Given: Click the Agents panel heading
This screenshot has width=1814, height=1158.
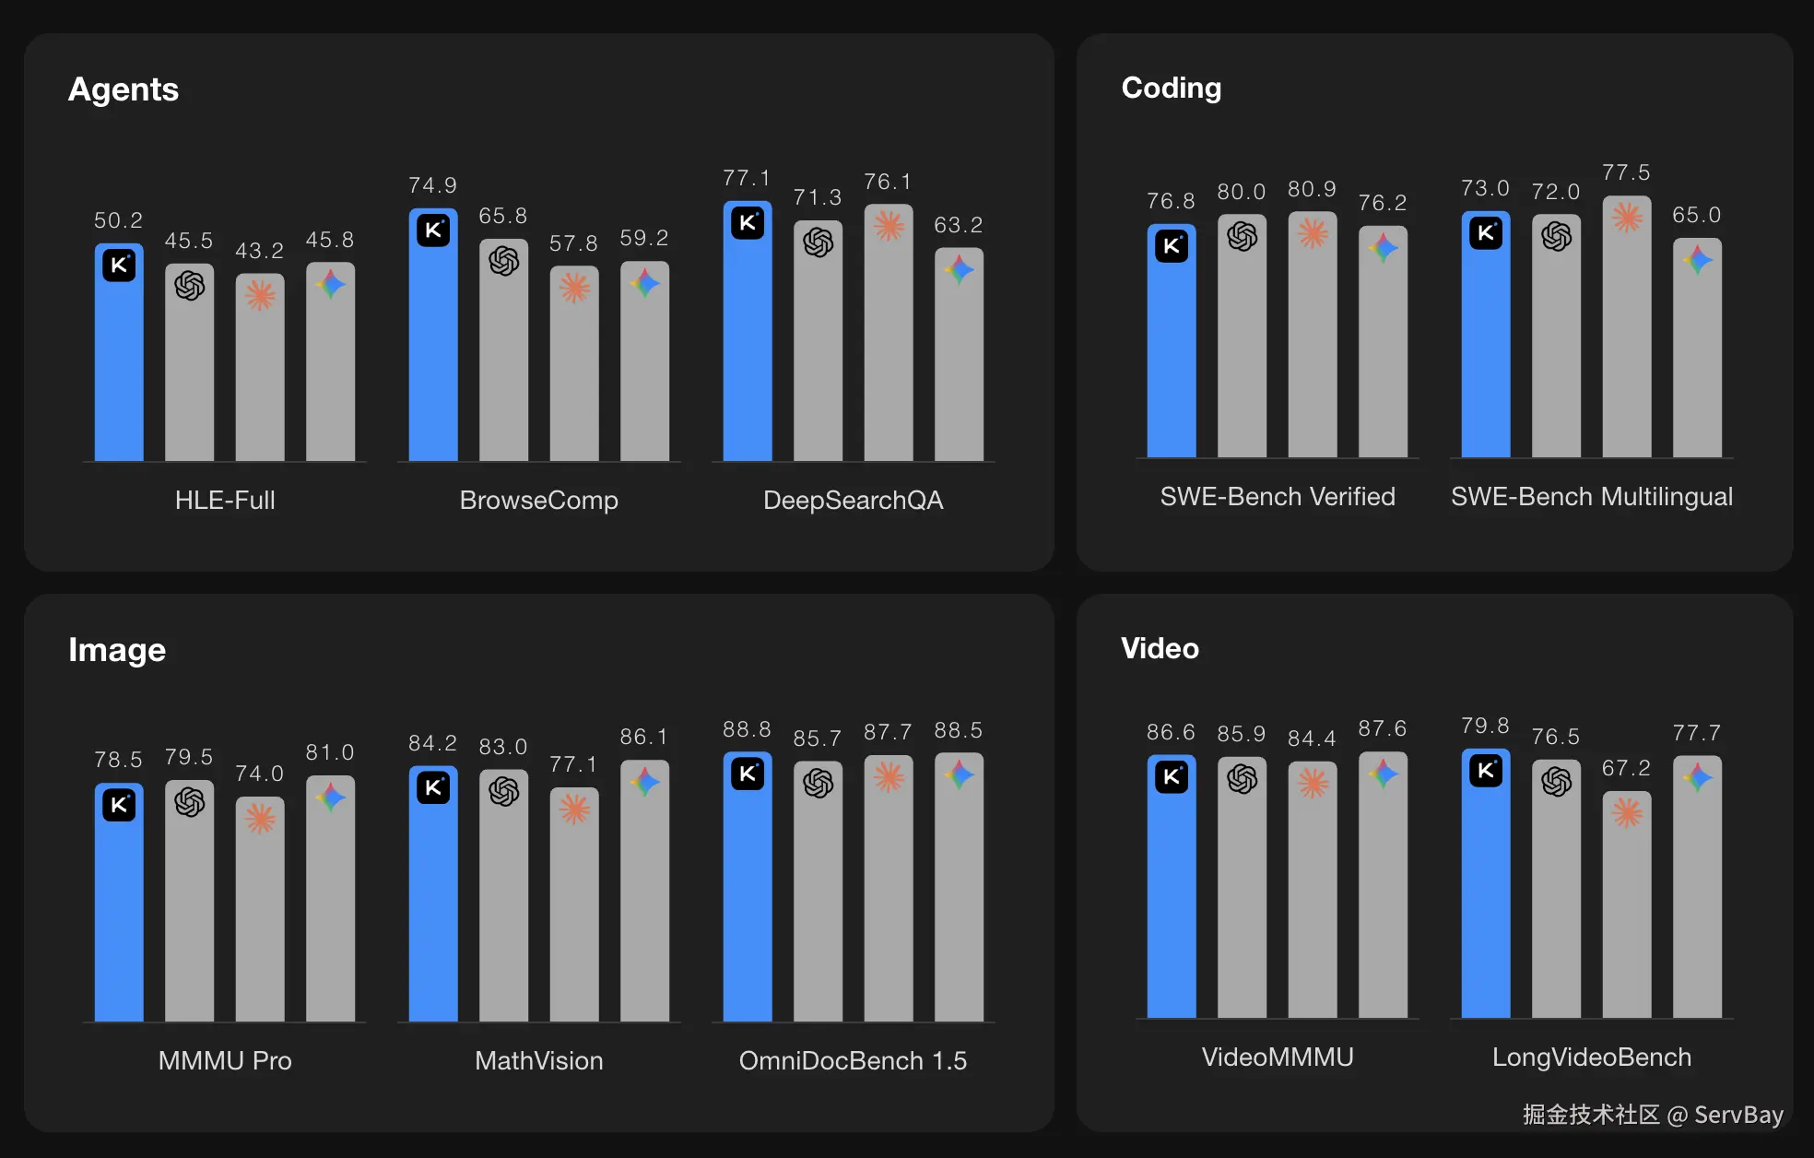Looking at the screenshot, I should [124, 89].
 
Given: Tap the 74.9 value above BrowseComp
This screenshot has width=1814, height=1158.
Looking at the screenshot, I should [432, 185].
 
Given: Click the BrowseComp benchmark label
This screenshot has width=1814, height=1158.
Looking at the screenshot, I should [538, 500].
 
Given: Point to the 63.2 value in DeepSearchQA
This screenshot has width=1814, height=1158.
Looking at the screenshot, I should [958, 225].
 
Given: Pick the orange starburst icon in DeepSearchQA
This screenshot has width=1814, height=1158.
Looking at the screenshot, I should [889, 226].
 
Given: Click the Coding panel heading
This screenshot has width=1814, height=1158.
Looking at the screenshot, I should [1171, 88].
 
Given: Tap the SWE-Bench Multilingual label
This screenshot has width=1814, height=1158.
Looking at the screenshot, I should [1591, 496].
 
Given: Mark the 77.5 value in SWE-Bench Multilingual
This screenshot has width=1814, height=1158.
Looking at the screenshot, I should [1626, 172].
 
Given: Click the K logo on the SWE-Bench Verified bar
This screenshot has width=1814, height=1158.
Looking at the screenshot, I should [1172, 246].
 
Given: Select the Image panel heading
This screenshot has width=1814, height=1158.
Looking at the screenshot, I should [117, 650].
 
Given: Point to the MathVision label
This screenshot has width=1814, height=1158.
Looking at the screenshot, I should [538, 1060].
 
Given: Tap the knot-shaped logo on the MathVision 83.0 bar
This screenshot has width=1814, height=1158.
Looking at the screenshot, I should [504, 791].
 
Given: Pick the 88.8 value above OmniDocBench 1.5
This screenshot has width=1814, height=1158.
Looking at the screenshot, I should [747, 729].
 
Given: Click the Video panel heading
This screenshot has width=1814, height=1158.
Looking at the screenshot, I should [1160, 648].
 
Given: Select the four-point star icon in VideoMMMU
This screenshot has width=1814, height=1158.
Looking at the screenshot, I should [1383, 774].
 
